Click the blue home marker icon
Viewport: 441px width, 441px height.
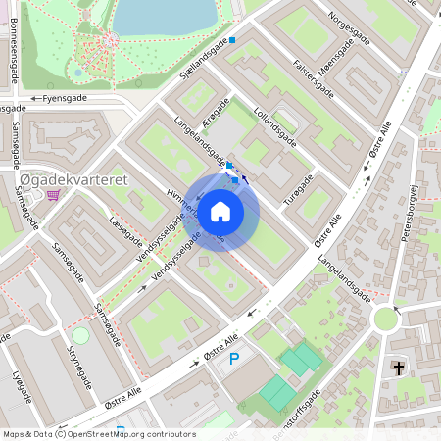point(220,211)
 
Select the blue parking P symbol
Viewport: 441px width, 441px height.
point(234,359)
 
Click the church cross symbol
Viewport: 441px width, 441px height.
point(398,367)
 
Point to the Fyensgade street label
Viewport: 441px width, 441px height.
point(67,99)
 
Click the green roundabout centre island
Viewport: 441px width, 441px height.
point(386,318)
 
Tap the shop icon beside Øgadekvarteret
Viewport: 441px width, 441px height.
point(52,195)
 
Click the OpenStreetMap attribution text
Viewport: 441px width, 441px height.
point(98,434)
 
